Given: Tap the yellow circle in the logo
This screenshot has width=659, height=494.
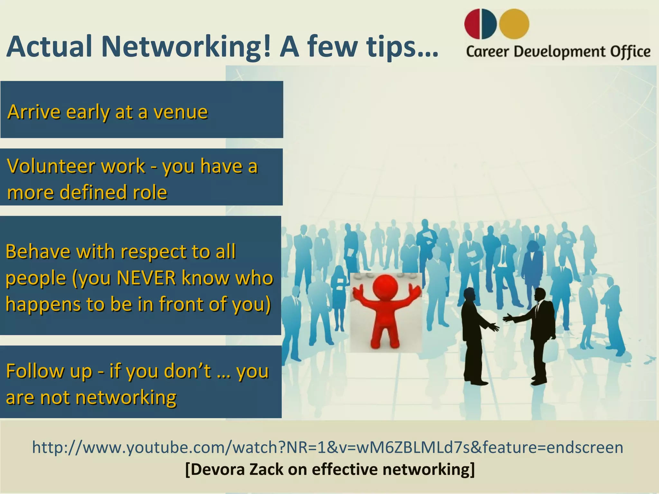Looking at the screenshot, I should point(514,24).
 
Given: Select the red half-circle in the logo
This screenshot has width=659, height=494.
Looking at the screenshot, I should point(472,24).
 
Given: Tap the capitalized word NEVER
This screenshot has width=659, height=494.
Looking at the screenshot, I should point(146,278).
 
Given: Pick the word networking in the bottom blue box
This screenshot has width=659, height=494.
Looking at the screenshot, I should point(126,398).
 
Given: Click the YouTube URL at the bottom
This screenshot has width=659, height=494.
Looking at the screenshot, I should point(328,447).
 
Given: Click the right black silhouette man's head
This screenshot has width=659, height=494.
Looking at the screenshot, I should point(540,294).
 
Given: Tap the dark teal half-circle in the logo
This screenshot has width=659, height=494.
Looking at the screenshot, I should point(489,24).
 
